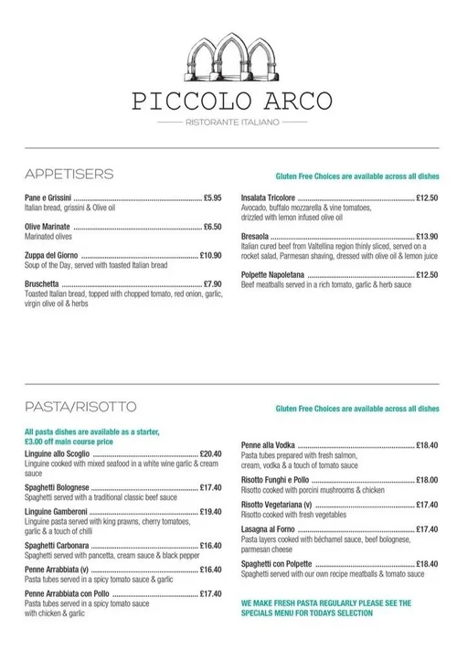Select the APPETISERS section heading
69,174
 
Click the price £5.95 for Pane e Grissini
212,197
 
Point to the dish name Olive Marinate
48,226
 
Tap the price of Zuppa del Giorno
210,255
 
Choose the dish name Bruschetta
44,283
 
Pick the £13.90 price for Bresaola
427,236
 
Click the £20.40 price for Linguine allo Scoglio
210,453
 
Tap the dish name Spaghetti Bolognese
58,487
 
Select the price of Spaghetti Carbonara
210,546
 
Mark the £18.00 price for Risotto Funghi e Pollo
427,479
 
